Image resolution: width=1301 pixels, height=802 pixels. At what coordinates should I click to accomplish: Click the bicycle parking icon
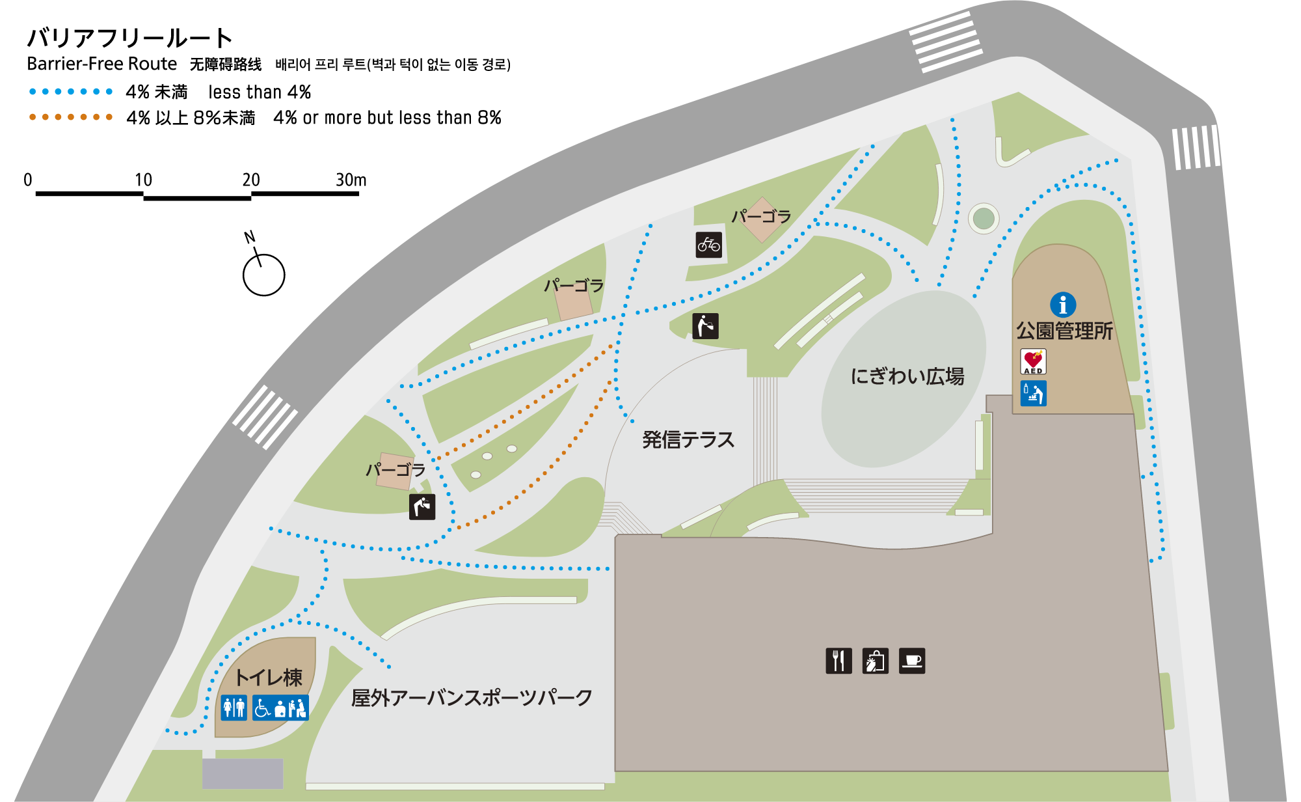pyautogui.click(x=708, y=245)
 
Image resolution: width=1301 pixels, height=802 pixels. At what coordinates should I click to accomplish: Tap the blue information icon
pyautogui.click(x=1063, y=305)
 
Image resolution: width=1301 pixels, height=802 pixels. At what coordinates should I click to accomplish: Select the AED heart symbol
pyautogui.click(x=1033, y=361)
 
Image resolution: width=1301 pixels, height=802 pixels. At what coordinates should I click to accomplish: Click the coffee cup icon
pyautogui.click(x=912, y=661)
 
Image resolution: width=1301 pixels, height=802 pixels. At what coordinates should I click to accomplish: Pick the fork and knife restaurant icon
pyautogui.click(x=838, y=661)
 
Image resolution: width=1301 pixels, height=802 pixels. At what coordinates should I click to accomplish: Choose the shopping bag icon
pyautogui.click(x=875, y=661)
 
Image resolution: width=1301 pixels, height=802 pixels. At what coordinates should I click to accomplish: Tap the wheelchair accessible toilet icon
pyautogui.click(x=262, y=708)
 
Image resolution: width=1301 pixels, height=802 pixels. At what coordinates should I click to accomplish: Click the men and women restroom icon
pyautogui.click(x=234, y=708)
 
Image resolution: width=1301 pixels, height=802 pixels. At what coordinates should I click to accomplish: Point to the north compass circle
pyautogui.click(x=263, y=275)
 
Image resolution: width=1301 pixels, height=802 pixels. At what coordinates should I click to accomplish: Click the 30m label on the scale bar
pyautogui.click(x=351, y=180)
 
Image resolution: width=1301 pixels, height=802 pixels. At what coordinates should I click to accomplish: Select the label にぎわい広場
pyautogui.click(x=907, y=376)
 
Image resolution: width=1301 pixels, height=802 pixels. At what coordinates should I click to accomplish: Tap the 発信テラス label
pyautogui.click(x=688, y=440)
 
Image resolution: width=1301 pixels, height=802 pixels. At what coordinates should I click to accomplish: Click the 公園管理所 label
pyautogui.click(x=1064, y=331)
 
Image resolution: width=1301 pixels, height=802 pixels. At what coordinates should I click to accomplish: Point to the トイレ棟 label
pyautogui.click(x=269, y=678)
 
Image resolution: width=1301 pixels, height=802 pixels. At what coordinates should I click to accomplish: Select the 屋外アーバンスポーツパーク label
pyautogui.click(x=472, y=698)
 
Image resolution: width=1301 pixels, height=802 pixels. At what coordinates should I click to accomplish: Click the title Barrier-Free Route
pyautogui.click(x=102, y=64)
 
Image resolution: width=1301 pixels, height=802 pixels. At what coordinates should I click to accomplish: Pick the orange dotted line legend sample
pyautogui.click(x=71, y=117)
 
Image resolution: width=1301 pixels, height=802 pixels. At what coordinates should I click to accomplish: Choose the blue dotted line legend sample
pyautogui.click(x=71, y=92)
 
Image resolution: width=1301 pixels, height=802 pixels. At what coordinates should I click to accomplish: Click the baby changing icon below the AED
pyautogui.click(x=1033, y=393)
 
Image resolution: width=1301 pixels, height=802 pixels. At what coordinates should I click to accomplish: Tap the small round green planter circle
pyautogui.click(x=984, y=218)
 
